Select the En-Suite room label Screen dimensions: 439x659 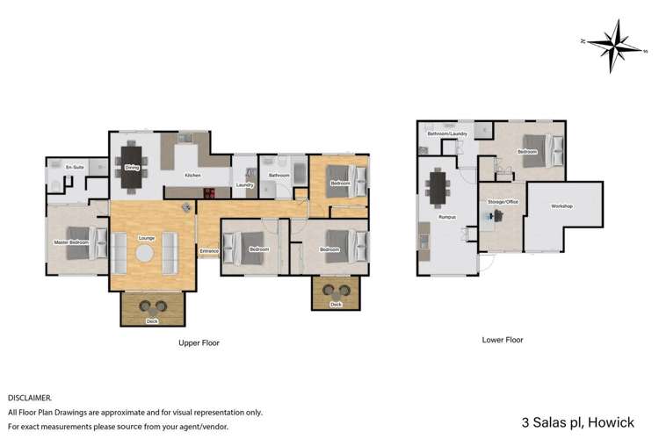click(x=61, y=165)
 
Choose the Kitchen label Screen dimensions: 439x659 click(x=192, y=176)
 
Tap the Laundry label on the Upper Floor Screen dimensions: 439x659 click(x=245, y=184)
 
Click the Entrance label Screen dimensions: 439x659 click(x=208, y=251)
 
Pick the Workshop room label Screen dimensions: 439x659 click(x=561, y=206)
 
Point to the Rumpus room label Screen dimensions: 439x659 click(x=445, y=217)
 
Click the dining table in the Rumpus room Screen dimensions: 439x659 click(x=437, y=187)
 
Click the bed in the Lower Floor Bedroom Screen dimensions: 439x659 click(x=535, y=150)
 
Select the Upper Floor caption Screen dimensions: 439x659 click(x=199, y=343)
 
